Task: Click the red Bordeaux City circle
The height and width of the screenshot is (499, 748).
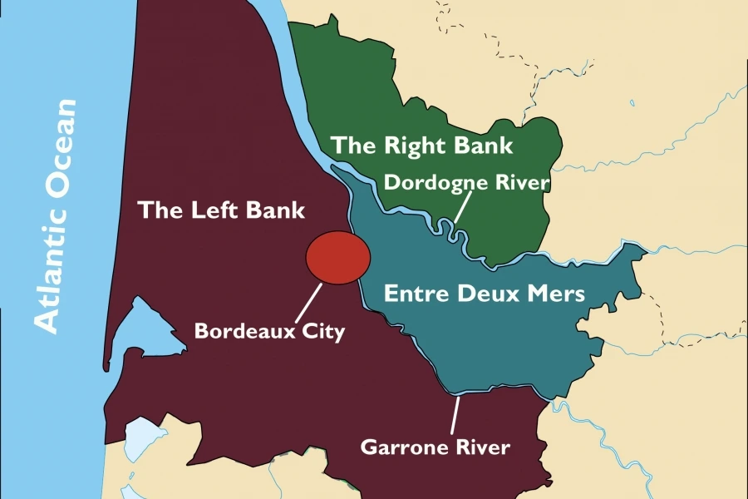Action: [338, 257]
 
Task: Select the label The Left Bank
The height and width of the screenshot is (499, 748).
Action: [222, 210]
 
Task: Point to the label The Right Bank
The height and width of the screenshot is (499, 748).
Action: [421, 145]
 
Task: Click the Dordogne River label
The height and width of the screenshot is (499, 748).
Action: [467, 181]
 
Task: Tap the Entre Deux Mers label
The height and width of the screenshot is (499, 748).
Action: [485, 294]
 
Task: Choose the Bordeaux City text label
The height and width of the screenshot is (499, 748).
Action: [269, 331]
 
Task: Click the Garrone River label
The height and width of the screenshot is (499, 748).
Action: [435, 447]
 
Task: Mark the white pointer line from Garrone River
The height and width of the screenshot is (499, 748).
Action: [455, 416]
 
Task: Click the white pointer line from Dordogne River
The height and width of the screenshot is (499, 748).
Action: [462, 206]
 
